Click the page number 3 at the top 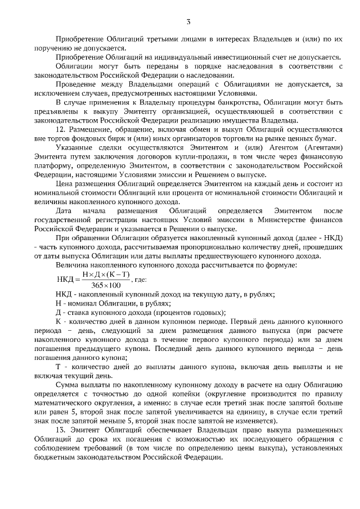point(189,21)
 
